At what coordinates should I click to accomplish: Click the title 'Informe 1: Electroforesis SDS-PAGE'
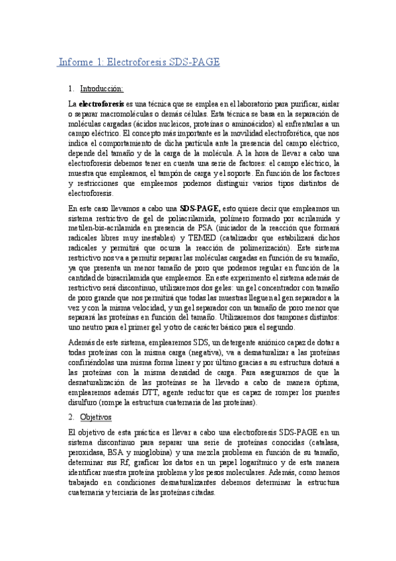[138, 62]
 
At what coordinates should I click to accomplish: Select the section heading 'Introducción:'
[102, 89]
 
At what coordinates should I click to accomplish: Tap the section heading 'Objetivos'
[96, 417]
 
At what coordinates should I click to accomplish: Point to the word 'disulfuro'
[84, 402]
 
